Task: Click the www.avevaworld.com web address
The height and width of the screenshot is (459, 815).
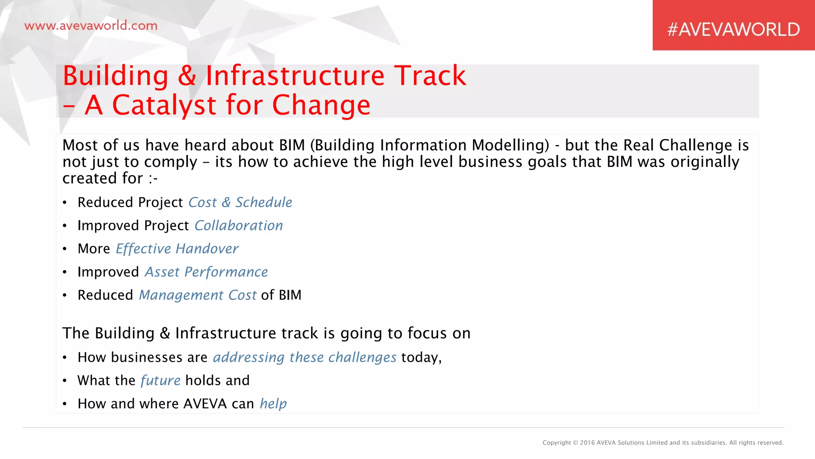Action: [91, 26]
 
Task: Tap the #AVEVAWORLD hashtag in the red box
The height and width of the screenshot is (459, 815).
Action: [733, 29]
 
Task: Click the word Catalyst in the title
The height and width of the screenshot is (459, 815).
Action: [164, 105]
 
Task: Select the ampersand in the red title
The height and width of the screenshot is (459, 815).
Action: [187, 76]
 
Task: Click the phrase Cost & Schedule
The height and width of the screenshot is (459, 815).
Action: [240, 202]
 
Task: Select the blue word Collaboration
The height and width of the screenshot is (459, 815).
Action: [238, 226]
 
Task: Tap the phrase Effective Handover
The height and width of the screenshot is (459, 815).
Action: [177, 249]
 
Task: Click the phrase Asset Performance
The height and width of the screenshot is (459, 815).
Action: [206, 272]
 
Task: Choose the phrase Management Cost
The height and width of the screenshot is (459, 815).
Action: [197, 295]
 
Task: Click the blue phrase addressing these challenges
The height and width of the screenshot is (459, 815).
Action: [304, 357]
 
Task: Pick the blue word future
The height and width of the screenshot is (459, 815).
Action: [160, 381]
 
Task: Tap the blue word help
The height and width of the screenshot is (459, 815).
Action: [273, 404]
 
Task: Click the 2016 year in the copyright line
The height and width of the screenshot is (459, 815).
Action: [587, 443]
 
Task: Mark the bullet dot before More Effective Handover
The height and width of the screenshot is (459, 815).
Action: [64, 249]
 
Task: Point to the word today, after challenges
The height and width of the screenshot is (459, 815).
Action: [421, 357]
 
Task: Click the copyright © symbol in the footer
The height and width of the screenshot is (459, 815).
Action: [575, 443]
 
